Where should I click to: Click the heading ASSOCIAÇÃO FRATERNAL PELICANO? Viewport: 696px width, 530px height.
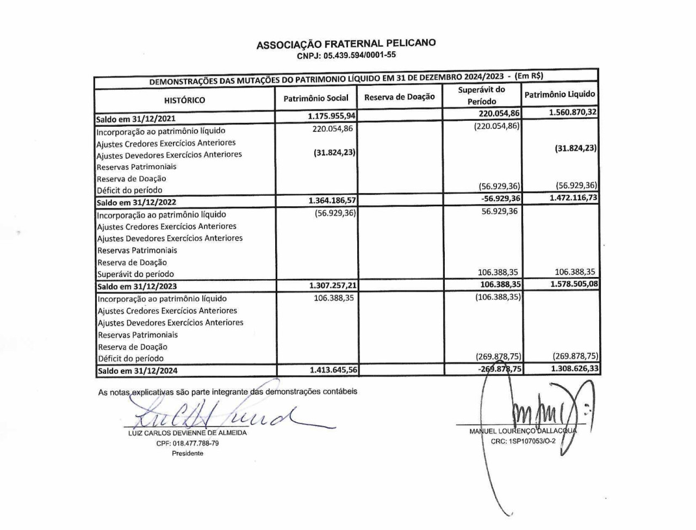[346, 44]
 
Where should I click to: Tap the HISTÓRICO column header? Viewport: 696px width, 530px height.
[184, 100]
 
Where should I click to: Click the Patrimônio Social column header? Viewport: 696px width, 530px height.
[316, 98]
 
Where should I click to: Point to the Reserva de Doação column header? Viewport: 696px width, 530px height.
[400, 97]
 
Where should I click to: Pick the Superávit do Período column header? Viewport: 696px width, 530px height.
[482, 96]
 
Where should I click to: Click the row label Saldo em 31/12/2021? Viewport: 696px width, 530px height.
[136, 119]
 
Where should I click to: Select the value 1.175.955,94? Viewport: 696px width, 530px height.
[331, 116]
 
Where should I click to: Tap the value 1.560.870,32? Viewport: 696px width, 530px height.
[573, 112]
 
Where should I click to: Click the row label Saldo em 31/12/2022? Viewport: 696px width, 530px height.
[136, 202]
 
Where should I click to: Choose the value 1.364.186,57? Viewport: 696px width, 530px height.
[332, 200]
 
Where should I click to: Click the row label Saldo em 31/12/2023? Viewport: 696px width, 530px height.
[137, 286]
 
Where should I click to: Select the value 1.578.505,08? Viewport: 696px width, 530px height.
[574, 284]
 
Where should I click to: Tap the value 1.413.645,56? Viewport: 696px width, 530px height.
[333, 370]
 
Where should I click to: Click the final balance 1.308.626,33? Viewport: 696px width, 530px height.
[575, 368]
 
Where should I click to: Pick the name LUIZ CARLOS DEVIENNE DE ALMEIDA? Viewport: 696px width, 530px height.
[188, 433]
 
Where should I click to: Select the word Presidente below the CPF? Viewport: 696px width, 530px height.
[188, 453]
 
